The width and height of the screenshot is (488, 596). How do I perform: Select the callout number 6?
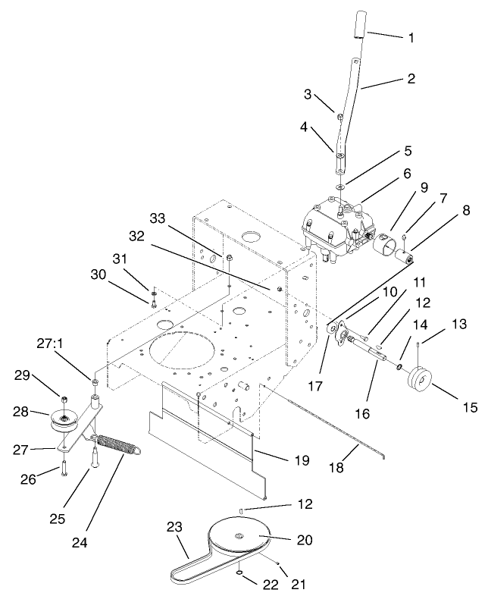click(x=406, y=173)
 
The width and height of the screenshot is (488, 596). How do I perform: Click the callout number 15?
click(x=471, y=407)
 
